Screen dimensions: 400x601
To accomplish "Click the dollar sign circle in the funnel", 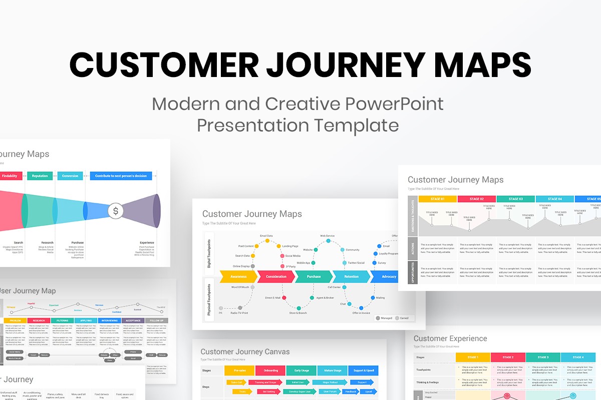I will [x=116, y=210].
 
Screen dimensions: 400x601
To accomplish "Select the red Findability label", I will [x=10, y=176].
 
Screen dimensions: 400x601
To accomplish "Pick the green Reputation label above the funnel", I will [x=40, y=176].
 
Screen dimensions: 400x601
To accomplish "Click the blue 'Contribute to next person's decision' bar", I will [x=121, y=176].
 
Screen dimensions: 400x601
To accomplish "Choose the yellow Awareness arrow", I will [x=238, y=276].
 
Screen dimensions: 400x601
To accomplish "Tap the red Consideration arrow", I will [x=276, y=276].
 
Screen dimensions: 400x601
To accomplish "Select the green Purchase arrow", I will [x=314, y=276].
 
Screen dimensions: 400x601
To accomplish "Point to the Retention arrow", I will [x=351, y=276].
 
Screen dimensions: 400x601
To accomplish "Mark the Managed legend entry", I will [x=384, y=317].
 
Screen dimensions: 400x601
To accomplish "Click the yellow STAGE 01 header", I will [x=437, y=199].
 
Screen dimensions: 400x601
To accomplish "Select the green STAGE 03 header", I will [x=515, y=199].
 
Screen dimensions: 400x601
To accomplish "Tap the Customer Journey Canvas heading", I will [x=245, y=351].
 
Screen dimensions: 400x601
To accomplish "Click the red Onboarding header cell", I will [x=270, y=370].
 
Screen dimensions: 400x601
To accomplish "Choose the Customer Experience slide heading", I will [x=450, y=338].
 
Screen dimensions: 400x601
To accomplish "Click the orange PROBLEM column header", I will [x=15, y=320].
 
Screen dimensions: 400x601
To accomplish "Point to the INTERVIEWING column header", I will [x=109, y=320].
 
